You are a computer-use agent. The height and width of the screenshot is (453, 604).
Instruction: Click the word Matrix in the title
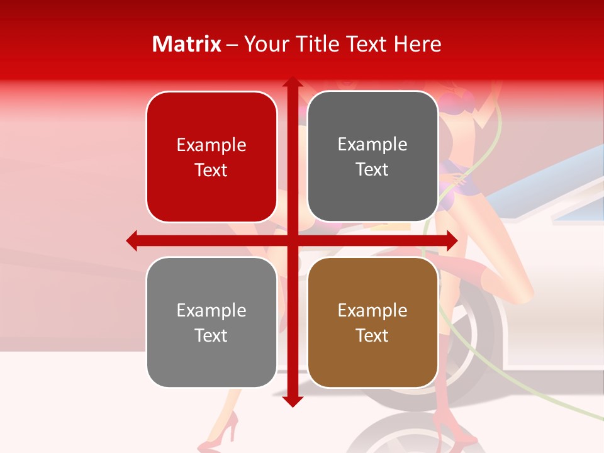coord(187,44)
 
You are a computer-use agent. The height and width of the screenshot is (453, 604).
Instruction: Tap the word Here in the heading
coord(418,44)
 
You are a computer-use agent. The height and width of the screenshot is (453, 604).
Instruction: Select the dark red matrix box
coord(211,157)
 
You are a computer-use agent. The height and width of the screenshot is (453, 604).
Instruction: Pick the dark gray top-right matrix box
coord(372,157)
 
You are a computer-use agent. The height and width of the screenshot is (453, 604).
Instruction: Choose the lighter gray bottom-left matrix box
coord(211,323)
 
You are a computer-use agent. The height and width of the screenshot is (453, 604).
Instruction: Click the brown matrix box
coord(372,323)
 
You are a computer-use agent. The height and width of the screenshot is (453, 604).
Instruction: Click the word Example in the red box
coord(211,145)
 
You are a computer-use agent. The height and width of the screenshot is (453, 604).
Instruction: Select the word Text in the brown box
coord(372,335)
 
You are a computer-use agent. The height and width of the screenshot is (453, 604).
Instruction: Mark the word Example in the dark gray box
coord(372,145)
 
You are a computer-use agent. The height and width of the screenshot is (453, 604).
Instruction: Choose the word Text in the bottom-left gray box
coord(211,335)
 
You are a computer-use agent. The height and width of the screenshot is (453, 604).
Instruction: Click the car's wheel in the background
coord(466,352)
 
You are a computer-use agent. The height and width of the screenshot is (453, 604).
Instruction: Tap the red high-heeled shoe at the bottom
coord(226,428)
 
